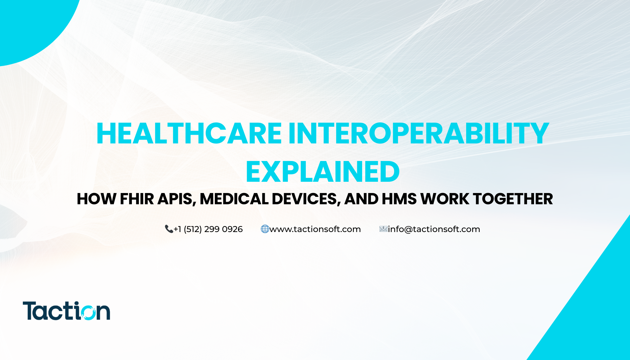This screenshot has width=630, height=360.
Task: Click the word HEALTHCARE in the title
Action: coord(189,134)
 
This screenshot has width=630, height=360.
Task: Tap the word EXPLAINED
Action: coord(322,172)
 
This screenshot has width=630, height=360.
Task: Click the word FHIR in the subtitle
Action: coord(137,199)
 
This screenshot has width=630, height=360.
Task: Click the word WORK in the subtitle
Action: coord(445,199)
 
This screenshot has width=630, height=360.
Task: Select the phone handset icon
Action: coord(169,229)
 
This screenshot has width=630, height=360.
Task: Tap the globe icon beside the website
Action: coord(265,229)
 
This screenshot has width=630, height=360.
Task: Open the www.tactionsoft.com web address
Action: coord(315,229)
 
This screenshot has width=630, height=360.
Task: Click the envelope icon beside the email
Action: coord(383,229)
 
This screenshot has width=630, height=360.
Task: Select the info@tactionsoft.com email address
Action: coord(434,229)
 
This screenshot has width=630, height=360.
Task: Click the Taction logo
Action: coord(66,311)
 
